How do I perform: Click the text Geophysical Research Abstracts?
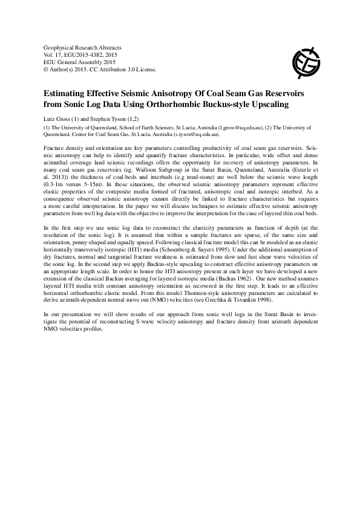pyautogui.click(x=83, y=47)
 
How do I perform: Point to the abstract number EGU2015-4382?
pyautogui.click(x=82, y=54)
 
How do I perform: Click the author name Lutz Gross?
pyautogui.click(x=59, y=119)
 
